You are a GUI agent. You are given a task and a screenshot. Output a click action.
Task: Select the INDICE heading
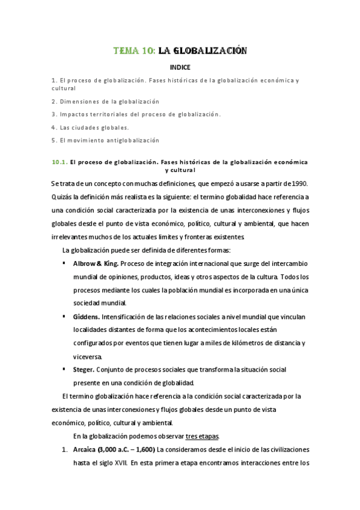(x=180, y=67)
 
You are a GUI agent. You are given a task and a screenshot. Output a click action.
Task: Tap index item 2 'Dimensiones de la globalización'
(x=105, y=101)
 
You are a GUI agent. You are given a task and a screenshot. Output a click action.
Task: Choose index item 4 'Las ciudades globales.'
(x=90, y=127)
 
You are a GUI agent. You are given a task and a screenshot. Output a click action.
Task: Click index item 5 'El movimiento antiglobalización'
(x=105, y=140)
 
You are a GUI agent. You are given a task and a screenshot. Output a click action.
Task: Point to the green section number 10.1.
(x=59, y=162)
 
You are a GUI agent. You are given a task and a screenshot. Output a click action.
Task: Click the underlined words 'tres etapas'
(x=203, y=435)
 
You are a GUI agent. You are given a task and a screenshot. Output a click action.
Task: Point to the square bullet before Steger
(x=64, y=369)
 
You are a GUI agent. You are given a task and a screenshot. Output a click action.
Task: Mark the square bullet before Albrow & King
(x=64, y=263)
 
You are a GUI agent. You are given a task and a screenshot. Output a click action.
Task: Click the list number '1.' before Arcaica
(x=64, y=449)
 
